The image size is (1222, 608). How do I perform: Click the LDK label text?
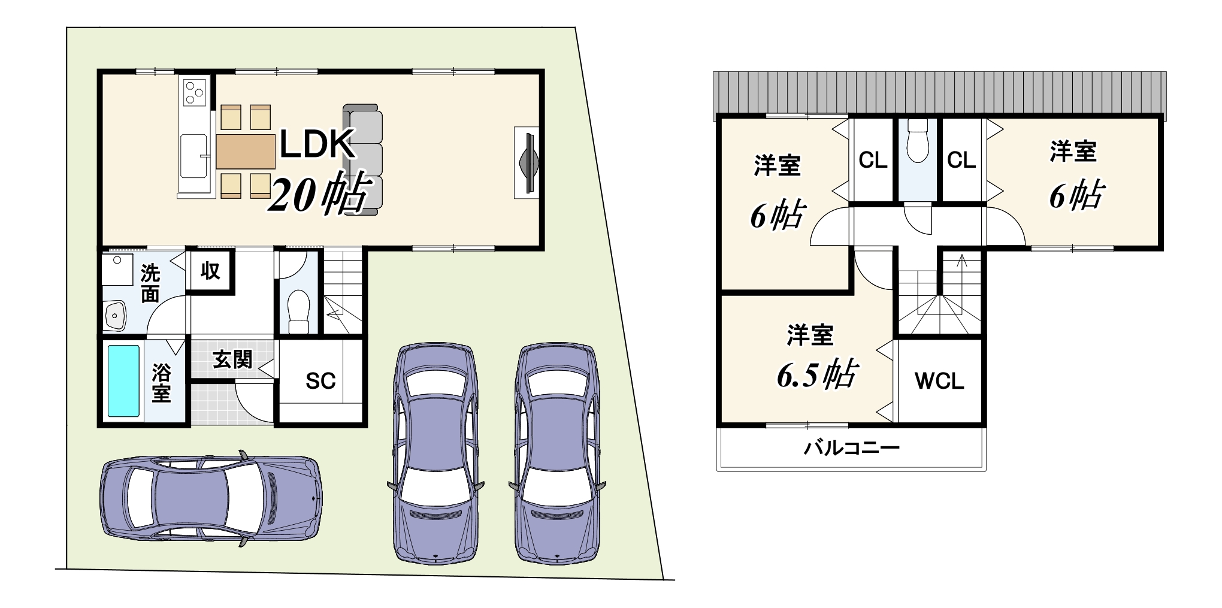click(x=316, y=145)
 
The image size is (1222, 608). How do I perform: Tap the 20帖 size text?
click(x=317, y=193)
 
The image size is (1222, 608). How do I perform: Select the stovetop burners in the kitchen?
click(x=195, y=93)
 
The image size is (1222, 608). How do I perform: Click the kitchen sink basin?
click(x=194, y=156)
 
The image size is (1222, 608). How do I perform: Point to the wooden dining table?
click(x=246, y=152)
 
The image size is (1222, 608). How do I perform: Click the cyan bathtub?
click(x=123, y=380)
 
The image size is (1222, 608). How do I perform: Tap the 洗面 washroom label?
click(x=150, y=284)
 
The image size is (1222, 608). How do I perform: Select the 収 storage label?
click(x=210, y=271)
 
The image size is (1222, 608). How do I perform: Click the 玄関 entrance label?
click(x=232, y=359)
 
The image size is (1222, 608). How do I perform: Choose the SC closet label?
click(x=320, y=381)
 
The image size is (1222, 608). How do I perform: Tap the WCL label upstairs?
click(x=939, y=381)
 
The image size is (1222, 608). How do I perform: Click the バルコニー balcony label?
click(x=851, y=447)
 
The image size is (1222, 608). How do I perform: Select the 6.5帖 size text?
click(x=817, y=374)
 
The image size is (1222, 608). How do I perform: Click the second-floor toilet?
click(x=917, y=141)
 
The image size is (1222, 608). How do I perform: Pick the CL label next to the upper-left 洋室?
click(x=873, y=160)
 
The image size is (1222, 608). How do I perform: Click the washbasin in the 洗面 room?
click(x=114, y=314)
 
